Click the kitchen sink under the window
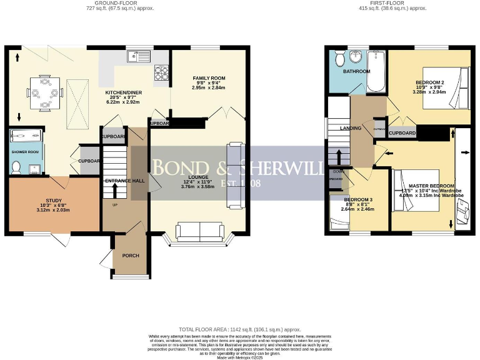pos(139,57)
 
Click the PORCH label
pos(131,256)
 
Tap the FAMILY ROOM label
pos(209,78)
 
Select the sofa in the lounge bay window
pos(200,232)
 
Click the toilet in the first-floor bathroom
pos(339,59)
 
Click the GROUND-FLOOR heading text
pos(120,3)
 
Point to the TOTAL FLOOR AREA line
pos(240,329)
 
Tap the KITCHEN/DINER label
pos(123,92)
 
